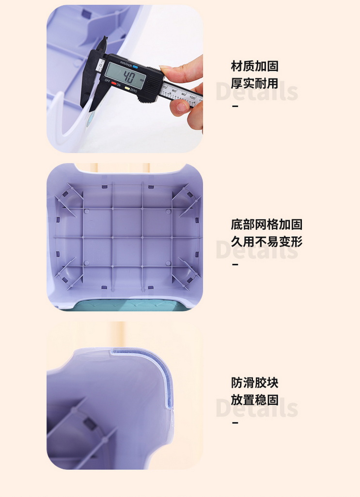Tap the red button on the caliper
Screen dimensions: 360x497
pos(114,83)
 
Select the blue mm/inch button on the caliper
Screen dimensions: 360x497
pos(135,67)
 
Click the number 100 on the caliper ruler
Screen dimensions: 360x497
pos(192,97)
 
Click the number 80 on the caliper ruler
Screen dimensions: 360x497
pos(174,91)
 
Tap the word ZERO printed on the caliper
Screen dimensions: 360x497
pos(133,91)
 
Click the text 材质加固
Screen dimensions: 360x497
pos(254,66)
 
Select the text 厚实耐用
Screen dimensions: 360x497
pos(254,83)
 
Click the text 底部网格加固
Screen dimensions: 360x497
pos(266,224)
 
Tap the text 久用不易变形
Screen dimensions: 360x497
pos(266,242)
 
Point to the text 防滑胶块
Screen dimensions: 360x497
pos(254,383)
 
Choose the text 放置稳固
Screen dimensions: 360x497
pos(254,400)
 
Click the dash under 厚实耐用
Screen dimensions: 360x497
pos(235,106)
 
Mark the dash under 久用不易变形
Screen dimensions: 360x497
pos(235,264)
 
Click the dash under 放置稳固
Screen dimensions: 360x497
pos(235,422)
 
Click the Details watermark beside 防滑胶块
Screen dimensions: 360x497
pos(257,407)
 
